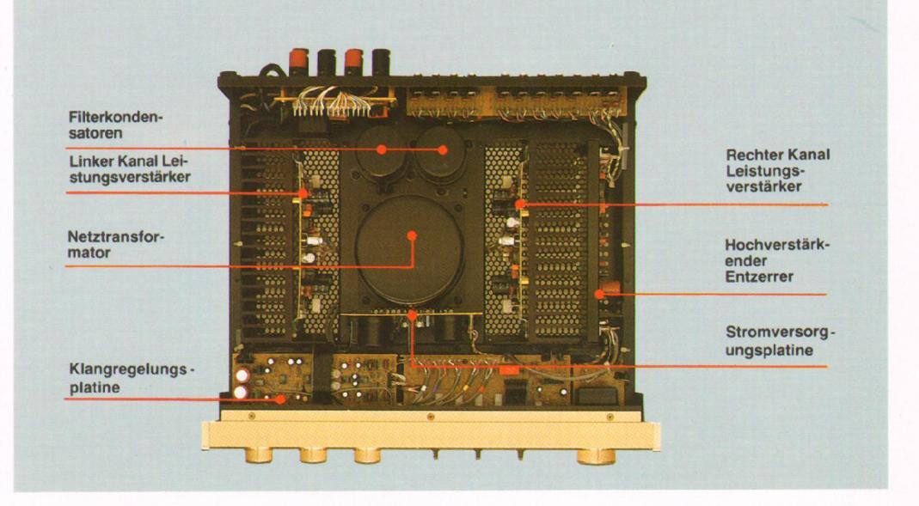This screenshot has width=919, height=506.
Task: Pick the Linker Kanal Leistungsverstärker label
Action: [128, 171]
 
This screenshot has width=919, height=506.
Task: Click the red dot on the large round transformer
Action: [412, 234]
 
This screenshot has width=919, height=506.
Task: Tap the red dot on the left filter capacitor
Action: [381, 149]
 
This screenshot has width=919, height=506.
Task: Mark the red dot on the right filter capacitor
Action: [444, 149]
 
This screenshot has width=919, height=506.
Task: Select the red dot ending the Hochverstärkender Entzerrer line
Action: [599, 294]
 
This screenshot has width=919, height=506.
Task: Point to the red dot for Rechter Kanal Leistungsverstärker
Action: [522, 204]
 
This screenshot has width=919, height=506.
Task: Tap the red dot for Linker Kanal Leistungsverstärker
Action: [303, 192]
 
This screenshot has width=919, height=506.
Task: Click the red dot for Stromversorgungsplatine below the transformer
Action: [414, 315]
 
